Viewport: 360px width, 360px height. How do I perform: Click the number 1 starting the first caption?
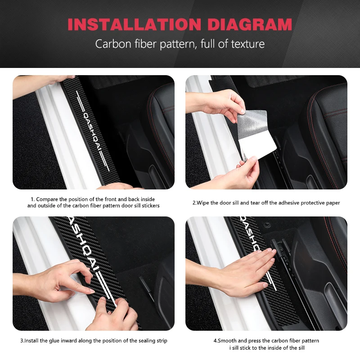32,199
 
